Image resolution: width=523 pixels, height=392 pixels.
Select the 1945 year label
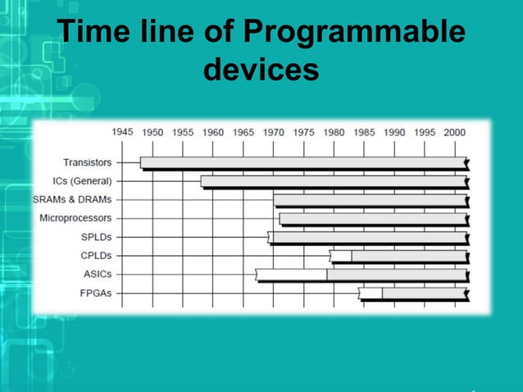tap(122, 131)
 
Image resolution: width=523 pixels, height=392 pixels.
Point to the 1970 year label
tap(273, 131)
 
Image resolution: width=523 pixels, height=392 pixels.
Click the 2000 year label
tap(454, 131)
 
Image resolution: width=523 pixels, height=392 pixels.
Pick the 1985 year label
tap(364, 131)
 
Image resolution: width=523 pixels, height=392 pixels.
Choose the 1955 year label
tap(183, 131)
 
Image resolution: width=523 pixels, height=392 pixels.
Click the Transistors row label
tap(88, 162)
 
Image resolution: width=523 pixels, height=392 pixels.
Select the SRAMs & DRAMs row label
tap(72, 199)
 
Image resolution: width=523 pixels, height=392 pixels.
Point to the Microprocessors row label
tap(75, 218)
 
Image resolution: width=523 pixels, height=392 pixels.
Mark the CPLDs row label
tap(96, 256)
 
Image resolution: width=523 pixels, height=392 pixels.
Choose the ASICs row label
tap(98, 274)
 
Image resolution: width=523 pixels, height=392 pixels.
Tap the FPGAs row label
tap(97, 293)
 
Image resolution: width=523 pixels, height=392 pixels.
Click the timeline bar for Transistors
tap(303, 162)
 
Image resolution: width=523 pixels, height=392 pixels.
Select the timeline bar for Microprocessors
tap(373, 218)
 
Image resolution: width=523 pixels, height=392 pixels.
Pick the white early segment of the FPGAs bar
tap(371, 293)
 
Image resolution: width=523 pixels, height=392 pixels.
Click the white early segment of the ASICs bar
tap(292, 274)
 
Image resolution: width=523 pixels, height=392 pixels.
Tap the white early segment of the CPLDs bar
tap(341, 256)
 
